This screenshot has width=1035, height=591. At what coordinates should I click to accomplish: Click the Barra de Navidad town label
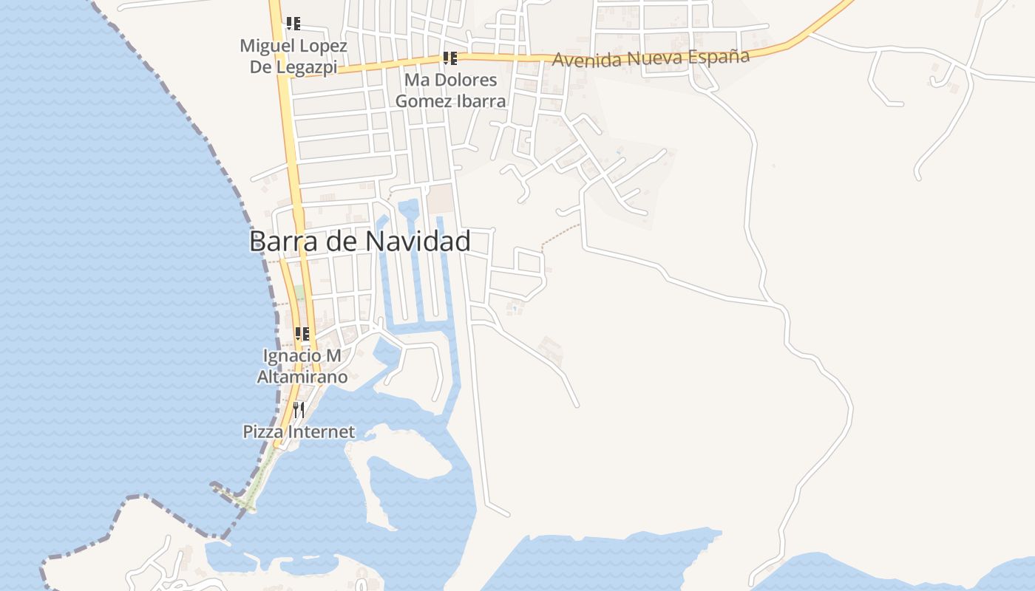tap(359, 242)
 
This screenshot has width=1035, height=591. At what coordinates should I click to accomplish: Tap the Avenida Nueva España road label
tap(651, 58)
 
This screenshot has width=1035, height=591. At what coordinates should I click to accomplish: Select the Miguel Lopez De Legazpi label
tap(293, 56)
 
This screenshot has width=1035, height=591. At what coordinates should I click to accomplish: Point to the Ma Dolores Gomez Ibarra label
tap(450, 90)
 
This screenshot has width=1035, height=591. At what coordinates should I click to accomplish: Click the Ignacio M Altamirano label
tap(302, 366)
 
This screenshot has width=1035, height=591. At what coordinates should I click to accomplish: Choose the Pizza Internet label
tap(299, 431)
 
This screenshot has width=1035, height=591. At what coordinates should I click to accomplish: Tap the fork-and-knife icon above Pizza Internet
tap(299, 409)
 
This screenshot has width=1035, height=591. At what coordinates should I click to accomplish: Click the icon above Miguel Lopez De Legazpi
tap(293, 24)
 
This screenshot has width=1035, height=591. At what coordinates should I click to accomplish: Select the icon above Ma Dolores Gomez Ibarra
tap(450, 58)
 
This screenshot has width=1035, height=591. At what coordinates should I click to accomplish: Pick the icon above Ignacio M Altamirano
tap(302, 334)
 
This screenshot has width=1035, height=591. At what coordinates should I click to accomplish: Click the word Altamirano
tap(302, 377)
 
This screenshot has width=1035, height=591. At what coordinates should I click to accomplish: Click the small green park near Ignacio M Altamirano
tap(299, 293)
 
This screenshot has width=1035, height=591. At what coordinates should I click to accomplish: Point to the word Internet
tap(322, 431)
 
